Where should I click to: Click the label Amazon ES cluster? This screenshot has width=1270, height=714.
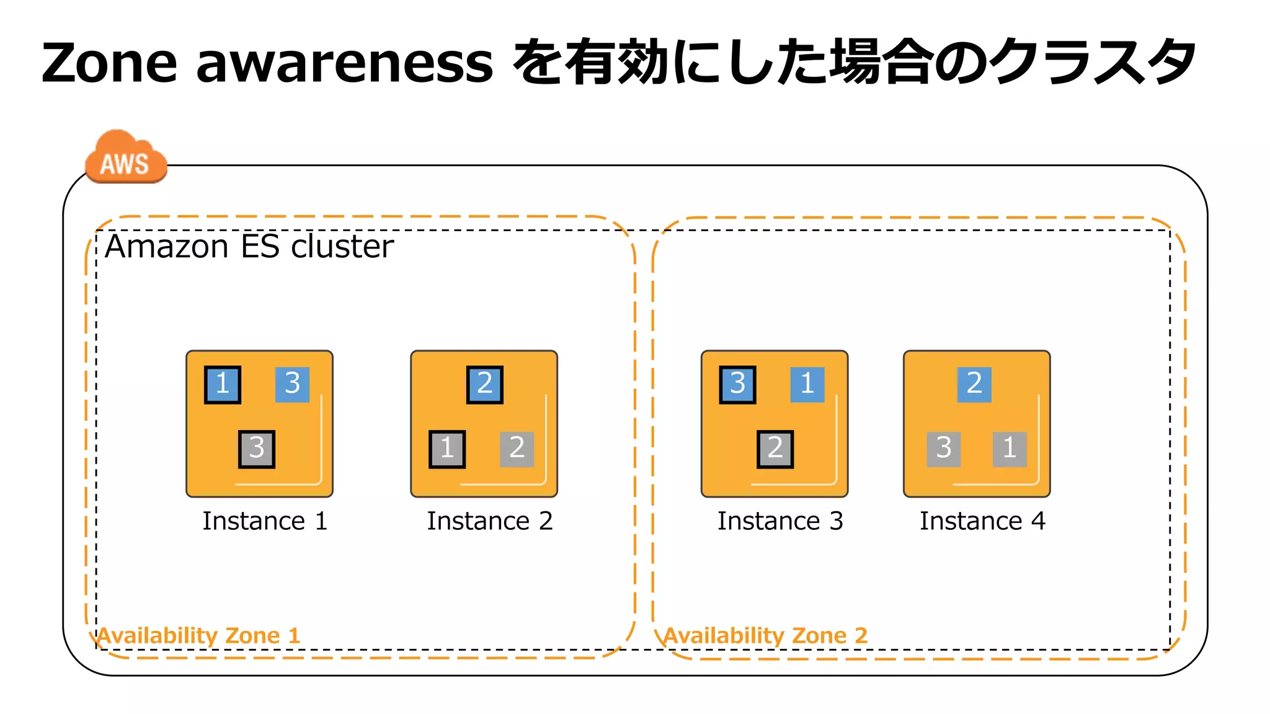(x=249, y=247)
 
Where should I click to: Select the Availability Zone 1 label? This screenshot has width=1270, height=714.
(x=198, y=635)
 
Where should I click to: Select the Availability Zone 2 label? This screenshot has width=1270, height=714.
(x=765, y=635)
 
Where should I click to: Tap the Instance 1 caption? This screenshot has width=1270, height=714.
(x=265, y=521)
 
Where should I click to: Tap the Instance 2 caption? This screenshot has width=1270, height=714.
(x=489, y=521)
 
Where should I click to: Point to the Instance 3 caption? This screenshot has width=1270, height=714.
(x=780, y=521)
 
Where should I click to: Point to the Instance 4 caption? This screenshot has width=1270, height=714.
(x=982, y=521)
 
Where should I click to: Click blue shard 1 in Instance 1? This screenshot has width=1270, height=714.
(x=223, y=384)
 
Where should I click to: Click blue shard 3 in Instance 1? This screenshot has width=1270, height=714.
(x=292, y=384)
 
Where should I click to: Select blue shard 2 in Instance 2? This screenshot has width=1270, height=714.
(x=484, y=384)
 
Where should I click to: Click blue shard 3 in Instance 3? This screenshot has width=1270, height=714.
(x=737, y=384)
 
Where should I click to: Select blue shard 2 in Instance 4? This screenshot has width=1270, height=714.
(x=974, y=384)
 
